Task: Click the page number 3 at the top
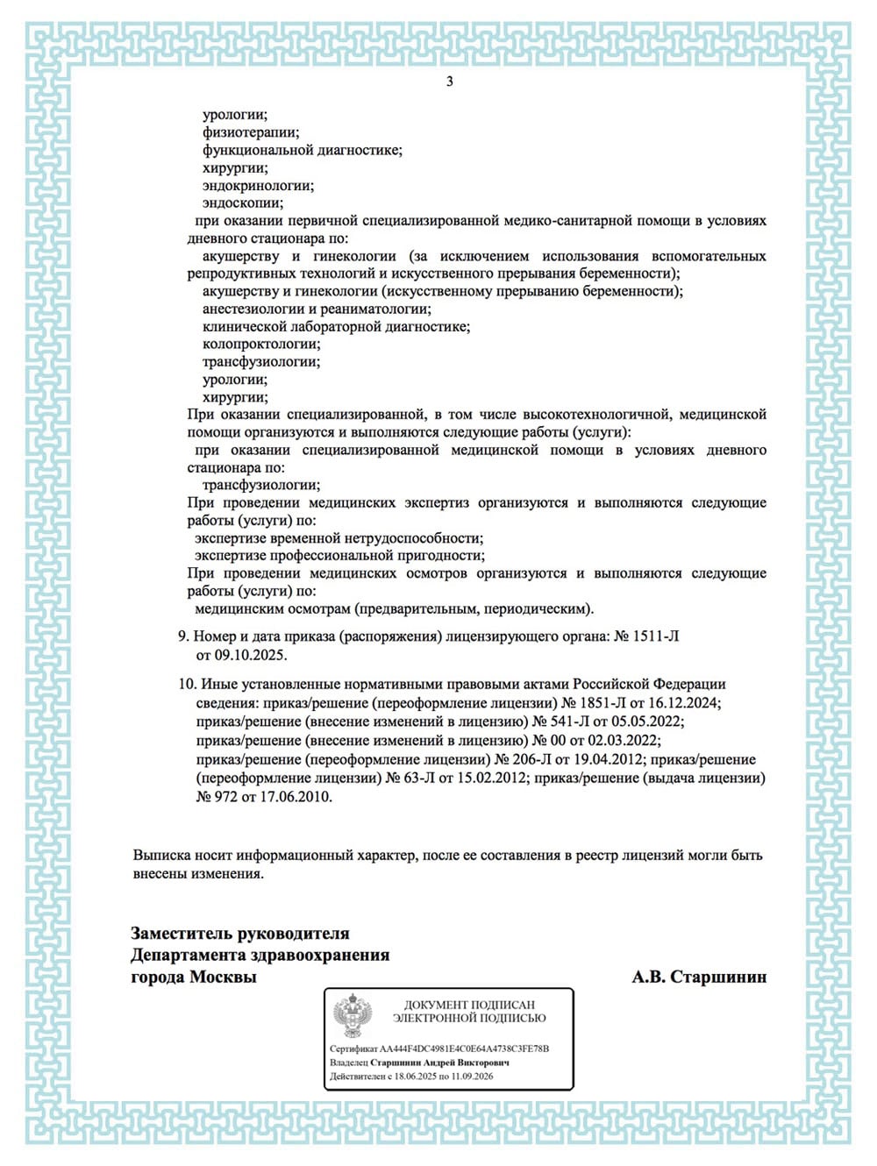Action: point(450,82)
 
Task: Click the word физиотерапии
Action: point(251,132)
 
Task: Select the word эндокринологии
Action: point(258,185)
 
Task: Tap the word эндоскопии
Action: point(243,203)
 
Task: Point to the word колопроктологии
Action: point(261,344)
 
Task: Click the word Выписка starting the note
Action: point(160,855)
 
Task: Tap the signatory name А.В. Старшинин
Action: point(699,977)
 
